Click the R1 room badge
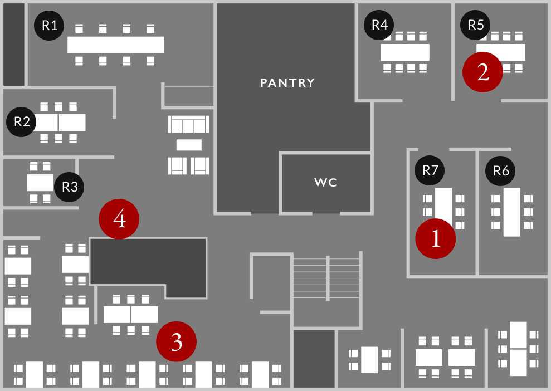(50, 26)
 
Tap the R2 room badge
(22, 122)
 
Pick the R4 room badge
(379, 25)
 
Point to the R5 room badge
(476, 25)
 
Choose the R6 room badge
(501, 171)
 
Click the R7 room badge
(430, 170)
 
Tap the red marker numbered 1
(436, 239)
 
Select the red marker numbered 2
(483, 72)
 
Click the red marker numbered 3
(177, 341)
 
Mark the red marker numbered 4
(119, 219)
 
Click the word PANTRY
(287, 83)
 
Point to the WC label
(326, 182)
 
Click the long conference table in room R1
(115, 45)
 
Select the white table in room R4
(405, 52)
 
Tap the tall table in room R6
(511, 212)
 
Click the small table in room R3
(40, 182)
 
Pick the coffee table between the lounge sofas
(189, 145)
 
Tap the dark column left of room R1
(14, 45)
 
